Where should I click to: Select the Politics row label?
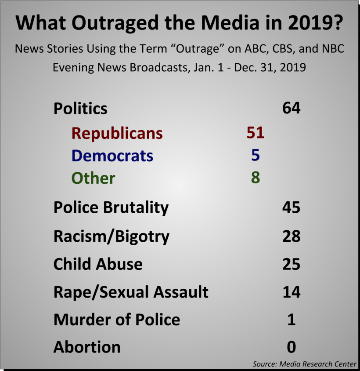point(80,108)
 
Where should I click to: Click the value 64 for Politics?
point(291,108)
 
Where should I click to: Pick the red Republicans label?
point(117,133)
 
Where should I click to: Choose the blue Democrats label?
point(112,156)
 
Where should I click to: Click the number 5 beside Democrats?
point(256,155)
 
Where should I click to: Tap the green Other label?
point(93,178)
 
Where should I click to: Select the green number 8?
point(256,178)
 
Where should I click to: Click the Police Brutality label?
point(111,207)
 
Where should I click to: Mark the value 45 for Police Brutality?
point(291,207)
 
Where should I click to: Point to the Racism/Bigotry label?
point(112,236)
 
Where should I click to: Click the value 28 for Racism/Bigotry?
point(291,236)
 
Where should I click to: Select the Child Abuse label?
point(98,264)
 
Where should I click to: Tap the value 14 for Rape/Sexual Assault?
point(291,292)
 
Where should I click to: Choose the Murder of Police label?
point(117,320)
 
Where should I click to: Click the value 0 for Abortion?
point(291,347)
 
